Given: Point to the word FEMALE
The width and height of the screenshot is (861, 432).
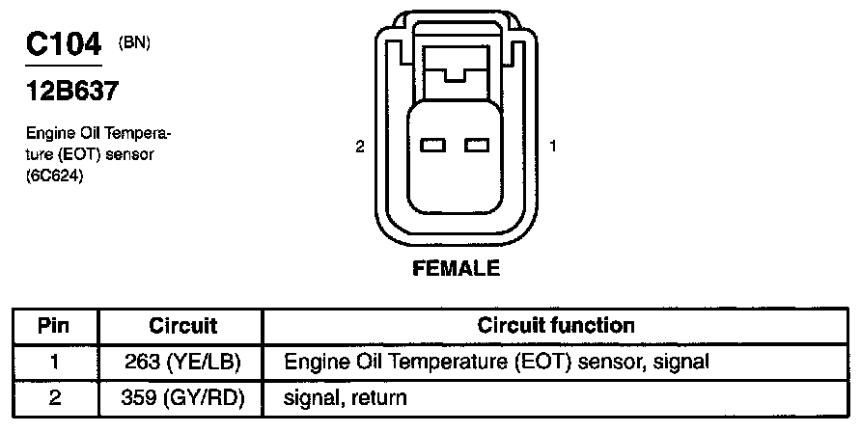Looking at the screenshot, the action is tap(457, 269).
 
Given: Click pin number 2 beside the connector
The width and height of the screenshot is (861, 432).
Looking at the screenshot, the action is tap(360, 147).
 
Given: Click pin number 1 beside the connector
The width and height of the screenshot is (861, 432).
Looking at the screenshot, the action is tap(553, 147).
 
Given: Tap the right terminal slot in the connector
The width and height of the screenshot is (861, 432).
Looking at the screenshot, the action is tap(478, 146).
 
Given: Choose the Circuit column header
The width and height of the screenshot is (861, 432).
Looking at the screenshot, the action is tap(183, 326).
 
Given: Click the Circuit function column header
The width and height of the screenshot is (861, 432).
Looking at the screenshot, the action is tap(556, 326).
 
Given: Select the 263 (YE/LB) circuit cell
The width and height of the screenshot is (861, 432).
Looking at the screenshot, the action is tap(183, 363).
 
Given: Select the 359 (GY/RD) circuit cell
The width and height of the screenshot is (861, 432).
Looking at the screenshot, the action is tap(183, 396).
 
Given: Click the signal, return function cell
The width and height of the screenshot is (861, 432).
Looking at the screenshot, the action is tap(346, 396).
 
